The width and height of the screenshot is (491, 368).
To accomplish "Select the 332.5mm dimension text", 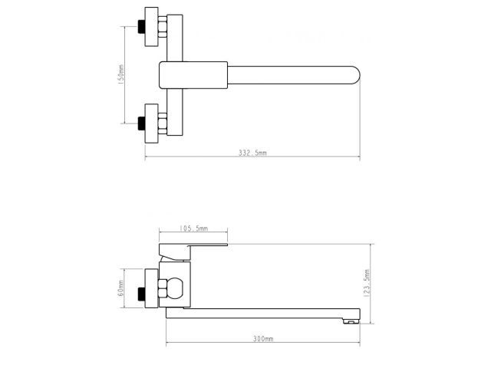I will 252,153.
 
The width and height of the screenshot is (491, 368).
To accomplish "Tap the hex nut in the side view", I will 162,289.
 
